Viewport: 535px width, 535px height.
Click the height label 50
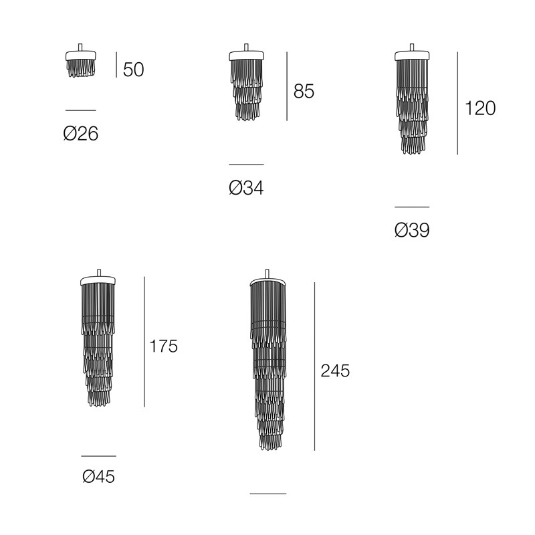click(x=133, y=70)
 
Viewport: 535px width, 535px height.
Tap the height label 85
click(x=304, y=92)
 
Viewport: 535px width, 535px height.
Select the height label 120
click(x=480, y=108)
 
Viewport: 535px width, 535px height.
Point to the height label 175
click(x=163, y=346)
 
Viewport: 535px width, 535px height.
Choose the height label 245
click(x=335, y=370)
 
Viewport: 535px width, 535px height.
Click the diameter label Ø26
click(x=81, y=133)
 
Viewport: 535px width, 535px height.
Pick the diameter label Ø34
click(x=246, y=188)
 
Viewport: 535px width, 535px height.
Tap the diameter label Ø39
click(x=412, y=230)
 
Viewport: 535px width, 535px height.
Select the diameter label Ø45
click(x=98, y=476)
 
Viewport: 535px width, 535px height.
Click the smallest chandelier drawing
click(x=81, y=60)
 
